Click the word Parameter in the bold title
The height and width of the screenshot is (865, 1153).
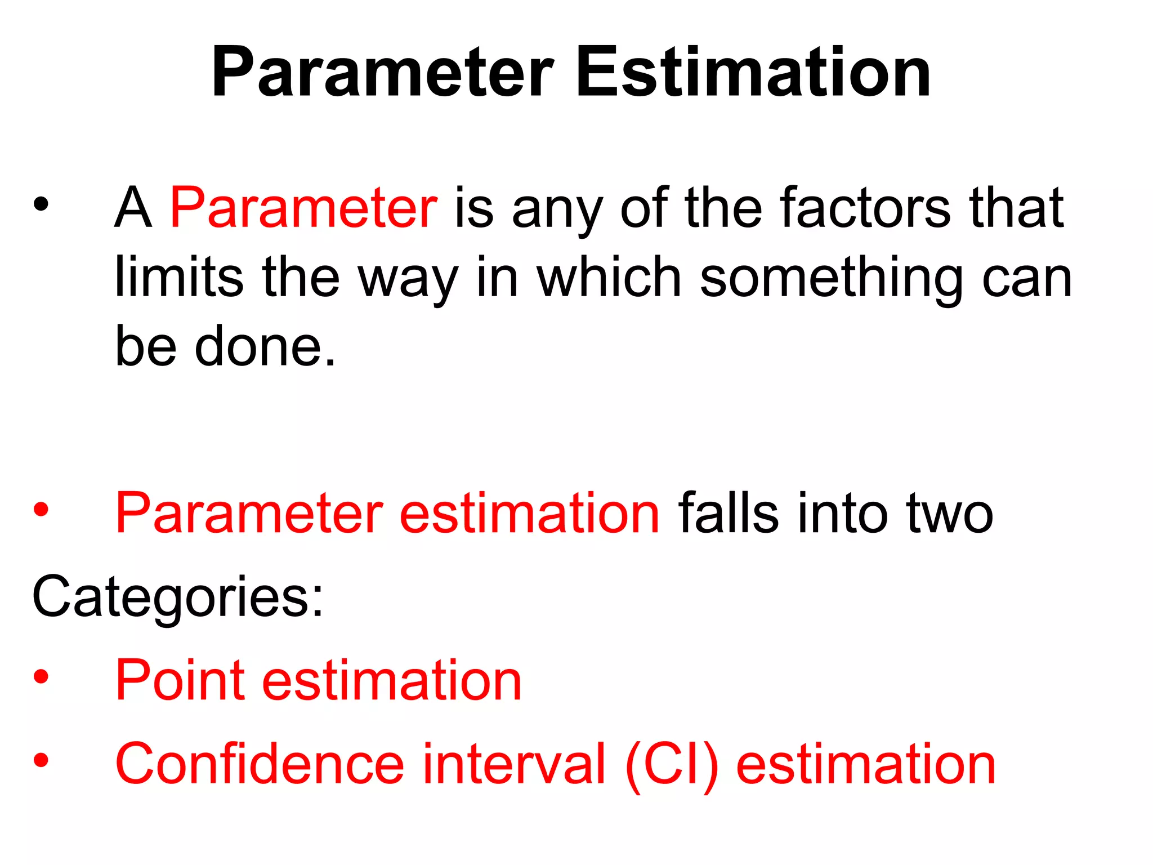tap(382, 73)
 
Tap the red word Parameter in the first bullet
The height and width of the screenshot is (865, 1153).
tap(303, 208)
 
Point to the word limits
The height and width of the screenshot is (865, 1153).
tap(179, 277)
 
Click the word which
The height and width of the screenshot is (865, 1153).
tap(609, 277)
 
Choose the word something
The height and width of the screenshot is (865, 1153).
tap(831, 277)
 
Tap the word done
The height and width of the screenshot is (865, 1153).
tap(265, 346)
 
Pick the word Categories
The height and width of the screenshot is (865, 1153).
tap(178, 597)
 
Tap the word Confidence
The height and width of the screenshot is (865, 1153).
tap(260, 764)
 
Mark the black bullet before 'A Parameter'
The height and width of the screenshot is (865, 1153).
tap(41, 204)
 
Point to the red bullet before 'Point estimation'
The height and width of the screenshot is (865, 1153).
tap(41, 676)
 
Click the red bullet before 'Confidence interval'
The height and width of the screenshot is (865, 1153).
tap(41, 760)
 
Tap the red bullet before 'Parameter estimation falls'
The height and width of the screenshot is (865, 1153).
tap(41, 509)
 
